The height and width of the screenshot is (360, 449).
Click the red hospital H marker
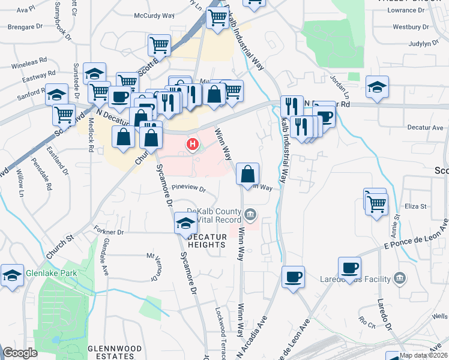point(193,144)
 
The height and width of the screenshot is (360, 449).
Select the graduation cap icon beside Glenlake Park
point(12,275)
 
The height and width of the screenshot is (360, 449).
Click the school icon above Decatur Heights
point(185,224)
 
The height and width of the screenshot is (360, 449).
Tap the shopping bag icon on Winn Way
point(248,175)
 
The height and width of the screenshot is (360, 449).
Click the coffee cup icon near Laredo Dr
point(349,268)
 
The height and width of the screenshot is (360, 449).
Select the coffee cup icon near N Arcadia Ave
point(293,277)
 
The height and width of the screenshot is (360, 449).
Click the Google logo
point(20,352)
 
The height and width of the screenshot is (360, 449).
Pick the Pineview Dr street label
point(189,190)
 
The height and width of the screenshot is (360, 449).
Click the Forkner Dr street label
point(109,231)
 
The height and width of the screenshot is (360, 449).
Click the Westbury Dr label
point(411,27)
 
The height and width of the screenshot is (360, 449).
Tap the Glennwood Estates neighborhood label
point(115,352)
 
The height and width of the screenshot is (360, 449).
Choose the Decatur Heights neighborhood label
point(207,241)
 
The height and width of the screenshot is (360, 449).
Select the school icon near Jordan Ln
point(377,87)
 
